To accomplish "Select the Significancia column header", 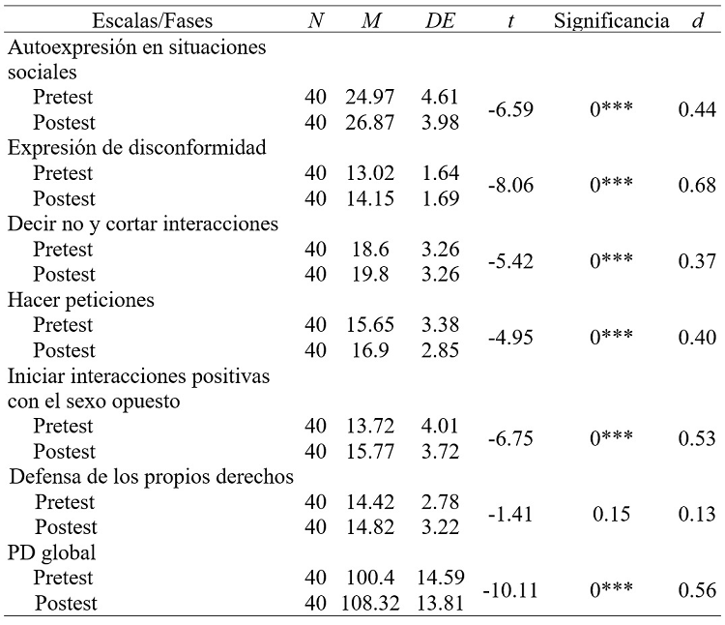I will coord(612,20).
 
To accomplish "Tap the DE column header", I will coord(440,20).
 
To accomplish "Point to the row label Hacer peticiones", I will coord(81,300).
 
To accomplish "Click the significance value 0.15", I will coord(612,515).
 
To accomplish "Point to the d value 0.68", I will coord(697,186).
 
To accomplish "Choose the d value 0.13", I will coord(697,515).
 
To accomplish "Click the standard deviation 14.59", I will coord(440,579).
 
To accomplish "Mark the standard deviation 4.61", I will coord(440,97).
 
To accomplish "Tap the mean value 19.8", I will coord(366,275).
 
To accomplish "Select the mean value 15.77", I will coord(366,452).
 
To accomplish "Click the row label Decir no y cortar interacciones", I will coord(142,223).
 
